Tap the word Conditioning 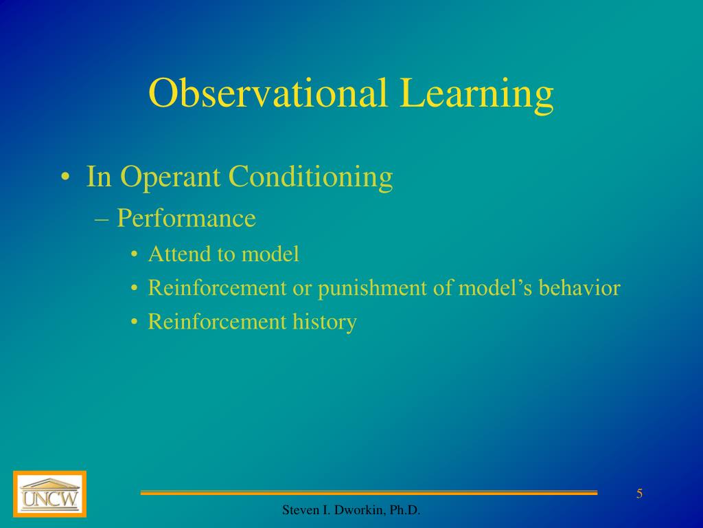pyautogui.click(x=310, y=178)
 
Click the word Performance pyautogui.click(x=186, y=219)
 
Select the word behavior pyautogui.click(x=579, y=287)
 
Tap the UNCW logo pyautogui.click(x=49, y=494)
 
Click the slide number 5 pyautogui.click(x=639, y=494)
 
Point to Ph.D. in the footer pyautogui.click(x=405, y=510)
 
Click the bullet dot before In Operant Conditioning pyautogui.click(x=64, y=178)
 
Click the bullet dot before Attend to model pyautogui.click(x=135, y=255)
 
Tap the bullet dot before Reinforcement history pyautogui.click(x=135, y=322)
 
